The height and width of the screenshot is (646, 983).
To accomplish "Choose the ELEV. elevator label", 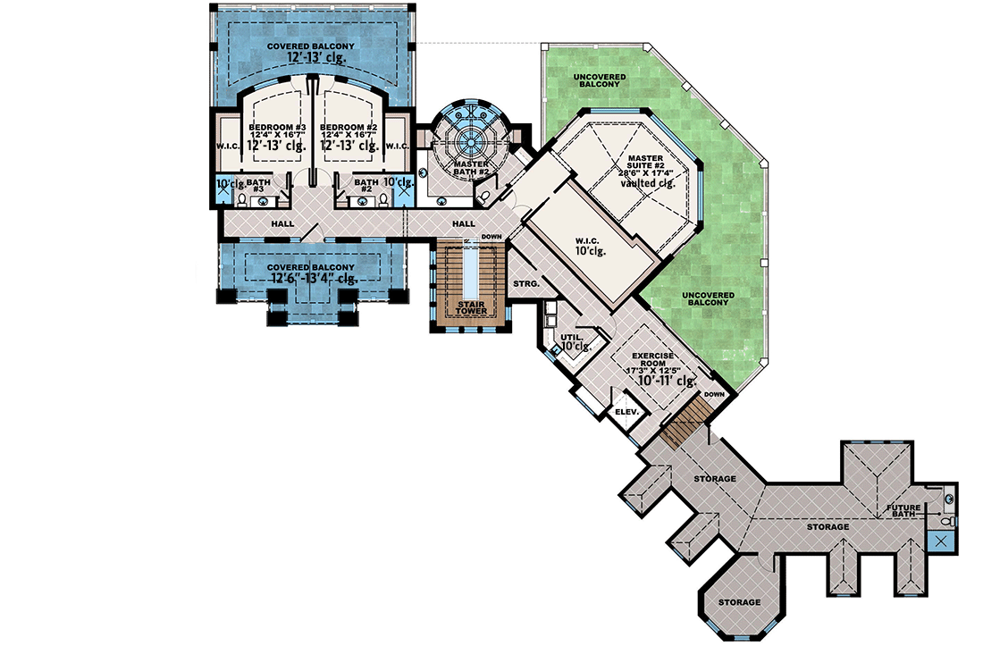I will (625, 412).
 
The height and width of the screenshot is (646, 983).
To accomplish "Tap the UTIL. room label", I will (569, 337).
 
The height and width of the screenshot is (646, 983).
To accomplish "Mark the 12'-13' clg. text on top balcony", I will (316, 57).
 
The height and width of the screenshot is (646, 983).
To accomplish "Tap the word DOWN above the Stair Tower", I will (491, 237).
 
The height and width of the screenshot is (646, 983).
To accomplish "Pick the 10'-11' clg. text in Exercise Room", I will (660, 381).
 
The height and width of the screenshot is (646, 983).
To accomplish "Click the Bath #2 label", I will (366, 184).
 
